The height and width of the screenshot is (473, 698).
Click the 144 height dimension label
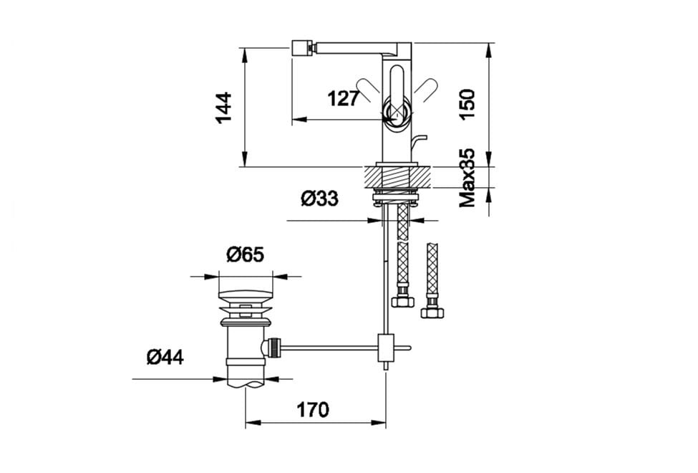(x=223, y=107)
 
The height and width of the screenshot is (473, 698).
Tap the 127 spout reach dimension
(x=343, y=98)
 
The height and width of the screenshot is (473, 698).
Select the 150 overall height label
(x=467, y=105)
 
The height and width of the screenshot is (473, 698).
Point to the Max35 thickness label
(x=467, y=178)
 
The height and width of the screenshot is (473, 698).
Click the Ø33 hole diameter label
(x=319, y=199)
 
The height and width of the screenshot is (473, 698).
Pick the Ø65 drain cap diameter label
(x=246, y=254)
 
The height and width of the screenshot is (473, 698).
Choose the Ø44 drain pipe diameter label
(x=165, y=357)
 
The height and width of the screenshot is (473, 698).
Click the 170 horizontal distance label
(x=313, y=410)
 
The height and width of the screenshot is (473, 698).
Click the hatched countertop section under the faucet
(x=397, y=177)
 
